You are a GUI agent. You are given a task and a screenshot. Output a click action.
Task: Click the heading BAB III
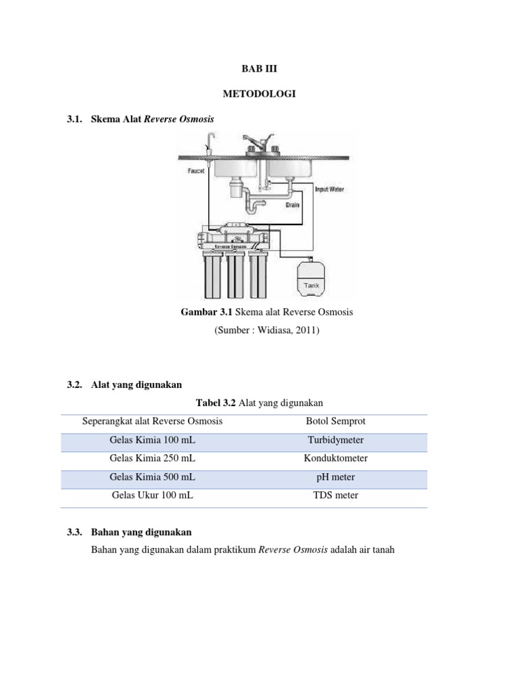pos(259,69)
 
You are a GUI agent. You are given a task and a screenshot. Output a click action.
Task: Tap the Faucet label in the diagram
pos(196,172)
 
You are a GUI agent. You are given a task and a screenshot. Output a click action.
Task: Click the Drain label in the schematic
pos(292,203)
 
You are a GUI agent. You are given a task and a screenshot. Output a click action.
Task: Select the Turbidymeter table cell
pos(335,440)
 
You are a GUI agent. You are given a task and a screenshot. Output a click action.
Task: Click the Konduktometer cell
pos(335,458)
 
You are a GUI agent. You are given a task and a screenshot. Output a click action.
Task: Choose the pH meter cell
pos(335,477)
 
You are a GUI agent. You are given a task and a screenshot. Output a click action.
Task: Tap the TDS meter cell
pos(335,495)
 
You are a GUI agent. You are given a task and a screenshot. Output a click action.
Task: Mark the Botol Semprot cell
pos(335,421)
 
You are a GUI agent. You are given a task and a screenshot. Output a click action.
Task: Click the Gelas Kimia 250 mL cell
pos(153,458)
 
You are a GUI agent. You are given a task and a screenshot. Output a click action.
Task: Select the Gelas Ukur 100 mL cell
pos(153,495)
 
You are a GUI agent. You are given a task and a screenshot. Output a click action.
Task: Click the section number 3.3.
pos(74,533)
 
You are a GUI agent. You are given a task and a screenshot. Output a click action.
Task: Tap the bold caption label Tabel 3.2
pos(215,403)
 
